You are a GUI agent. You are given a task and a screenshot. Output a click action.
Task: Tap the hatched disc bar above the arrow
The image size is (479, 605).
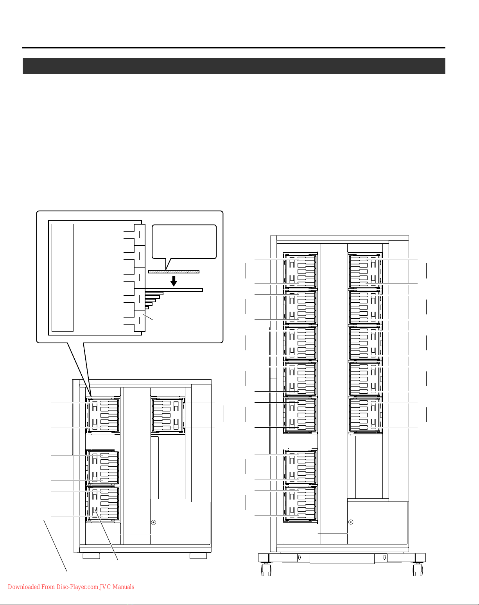pyautogui.click(x=174, y=271)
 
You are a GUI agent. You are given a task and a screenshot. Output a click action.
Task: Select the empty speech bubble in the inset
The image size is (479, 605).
pyautogui.click(x=184, y=241)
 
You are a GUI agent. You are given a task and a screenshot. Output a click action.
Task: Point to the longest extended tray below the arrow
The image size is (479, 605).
pyautogui.click(x=174, y=290)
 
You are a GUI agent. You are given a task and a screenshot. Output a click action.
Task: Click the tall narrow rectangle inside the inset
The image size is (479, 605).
pyautogui.click(x=63, y=277)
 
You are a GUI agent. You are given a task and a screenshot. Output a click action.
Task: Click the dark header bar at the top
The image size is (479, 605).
pyautogui.click(x=234, y=66)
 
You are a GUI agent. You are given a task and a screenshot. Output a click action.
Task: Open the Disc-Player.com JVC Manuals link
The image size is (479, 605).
pyautogui.click(x=71, y=587)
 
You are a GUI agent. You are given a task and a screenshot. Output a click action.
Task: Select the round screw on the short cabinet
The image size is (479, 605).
pyautogui.click(x=154, y=522)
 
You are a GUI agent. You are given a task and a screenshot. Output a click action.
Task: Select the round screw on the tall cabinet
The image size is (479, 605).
pyautogui.click(x=351, y=522)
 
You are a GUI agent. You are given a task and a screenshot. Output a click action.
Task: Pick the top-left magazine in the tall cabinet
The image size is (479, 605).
pyautogui.click(x=300, y=271)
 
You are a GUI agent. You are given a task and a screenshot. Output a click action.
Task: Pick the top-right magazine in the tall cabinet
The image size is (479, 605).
pyautogui.click(x=365, y=271)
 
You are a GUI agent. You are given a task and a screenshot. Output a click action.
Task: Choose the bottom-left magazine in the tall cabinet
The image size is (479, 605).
pyautogui.click(x=300, y=503)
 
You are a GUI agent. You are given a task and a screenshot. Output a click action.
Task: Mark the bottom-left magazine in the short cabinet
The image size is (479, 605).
pyautogui.click(x=103, y=503)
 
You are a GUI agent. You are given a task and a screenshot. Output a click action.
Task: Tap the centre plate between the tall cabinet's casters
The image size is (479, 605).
pyautogui.click(x=342, y=559)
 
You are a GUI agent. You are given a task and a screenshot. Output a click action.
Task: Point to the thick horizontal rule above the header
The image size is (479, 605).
pyautogui.click(x=234, y=48)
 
